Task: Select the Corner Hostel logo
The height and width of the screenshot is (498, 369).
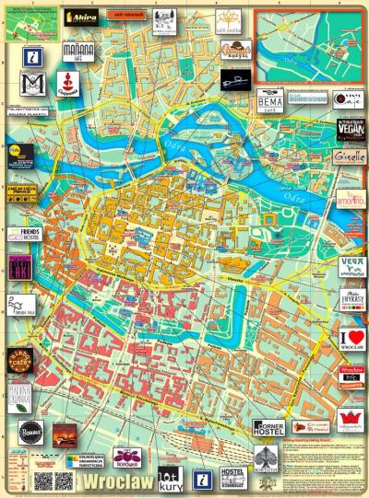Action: [269, 427]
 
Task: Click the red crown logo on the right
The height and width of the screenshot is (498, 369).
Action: [351, 424]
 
